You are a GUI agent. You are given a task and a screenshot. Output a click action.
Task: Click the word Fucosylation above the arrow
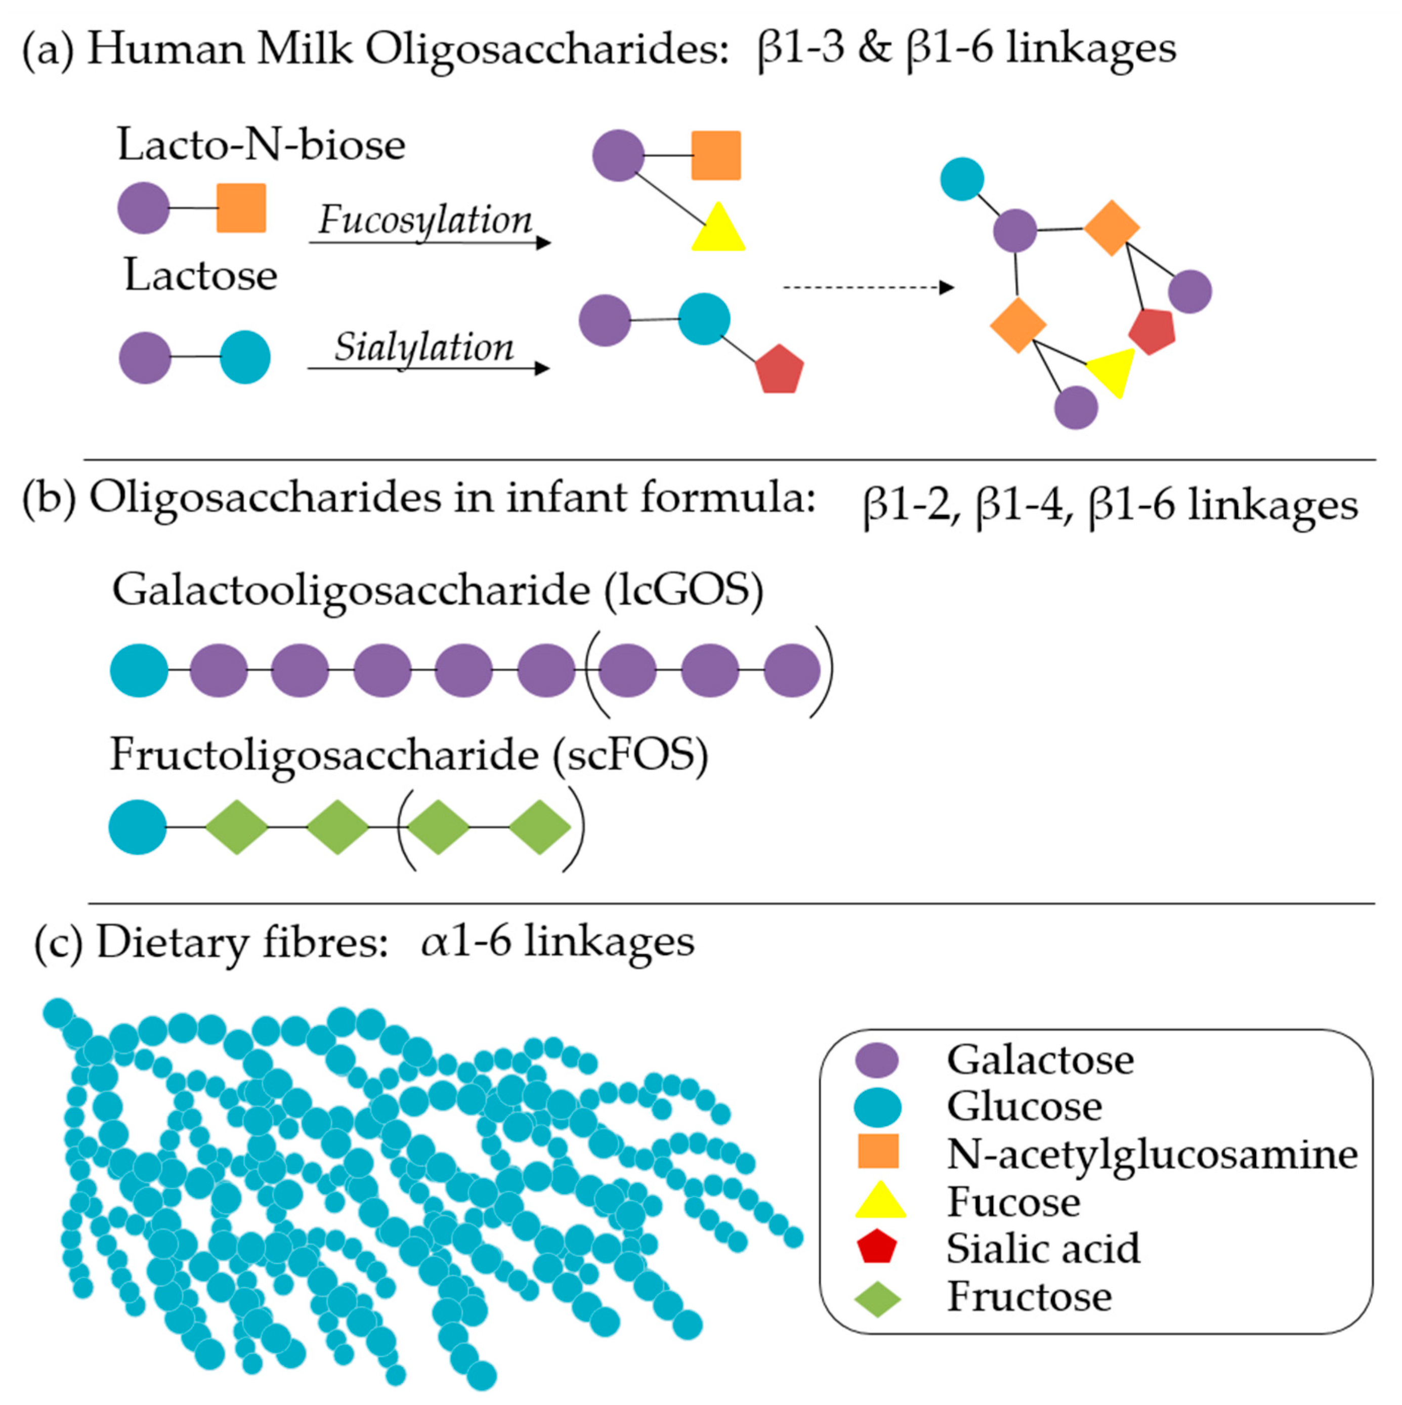tap(426, 219)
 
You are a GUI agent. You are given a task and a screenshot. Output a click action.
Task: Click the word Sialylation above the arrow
tap(424, 347)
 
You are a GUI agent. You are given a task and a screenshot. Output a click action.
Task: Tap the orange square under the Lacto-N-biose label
tap(241, 208)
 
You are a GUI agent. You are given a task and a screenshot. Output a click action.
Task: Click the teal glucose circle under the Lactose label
tap(245, 357)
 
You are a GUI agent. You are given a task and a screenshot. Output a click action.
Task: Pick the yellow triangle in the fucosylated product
tap(718, 230)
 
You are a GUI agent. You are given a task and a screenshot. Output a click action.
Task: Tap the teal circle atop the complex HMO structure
tap(962, 179)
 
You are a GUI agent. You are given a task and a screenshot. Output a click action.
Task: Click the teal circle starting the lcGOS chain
tap(139, 670)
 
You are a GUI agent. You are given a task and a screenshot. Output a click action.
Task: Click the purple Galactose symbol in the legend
tap(877, 1060)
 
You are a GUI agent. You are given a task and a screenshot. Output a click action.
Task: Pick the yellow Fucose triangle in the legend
tap(880, 1201)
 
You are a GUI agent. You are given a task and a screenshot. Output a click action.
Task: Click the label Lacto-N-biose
tap(261, 145)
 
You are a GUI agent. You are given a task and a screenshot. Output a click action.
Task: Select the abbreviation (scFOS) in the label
tap(630, 755)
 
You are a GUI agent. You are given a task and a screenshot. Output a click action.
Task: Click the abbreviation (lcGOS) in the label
tap(684, 590)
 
